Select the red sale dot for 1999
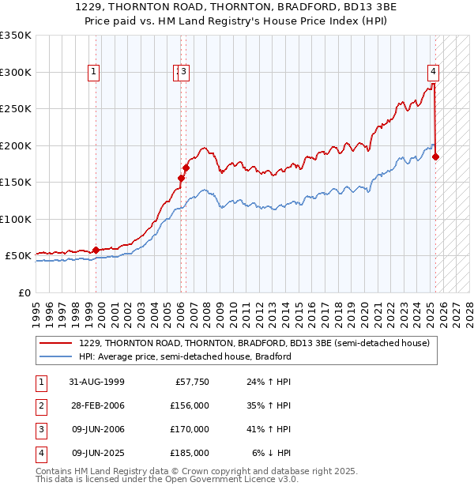[96, 250]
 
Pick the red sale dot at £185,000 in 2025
[435, 156]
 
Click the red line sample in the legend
[56, 344]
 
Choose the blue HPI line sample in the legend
[56, 356]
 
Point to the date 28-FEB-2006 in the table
[97, 406]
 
